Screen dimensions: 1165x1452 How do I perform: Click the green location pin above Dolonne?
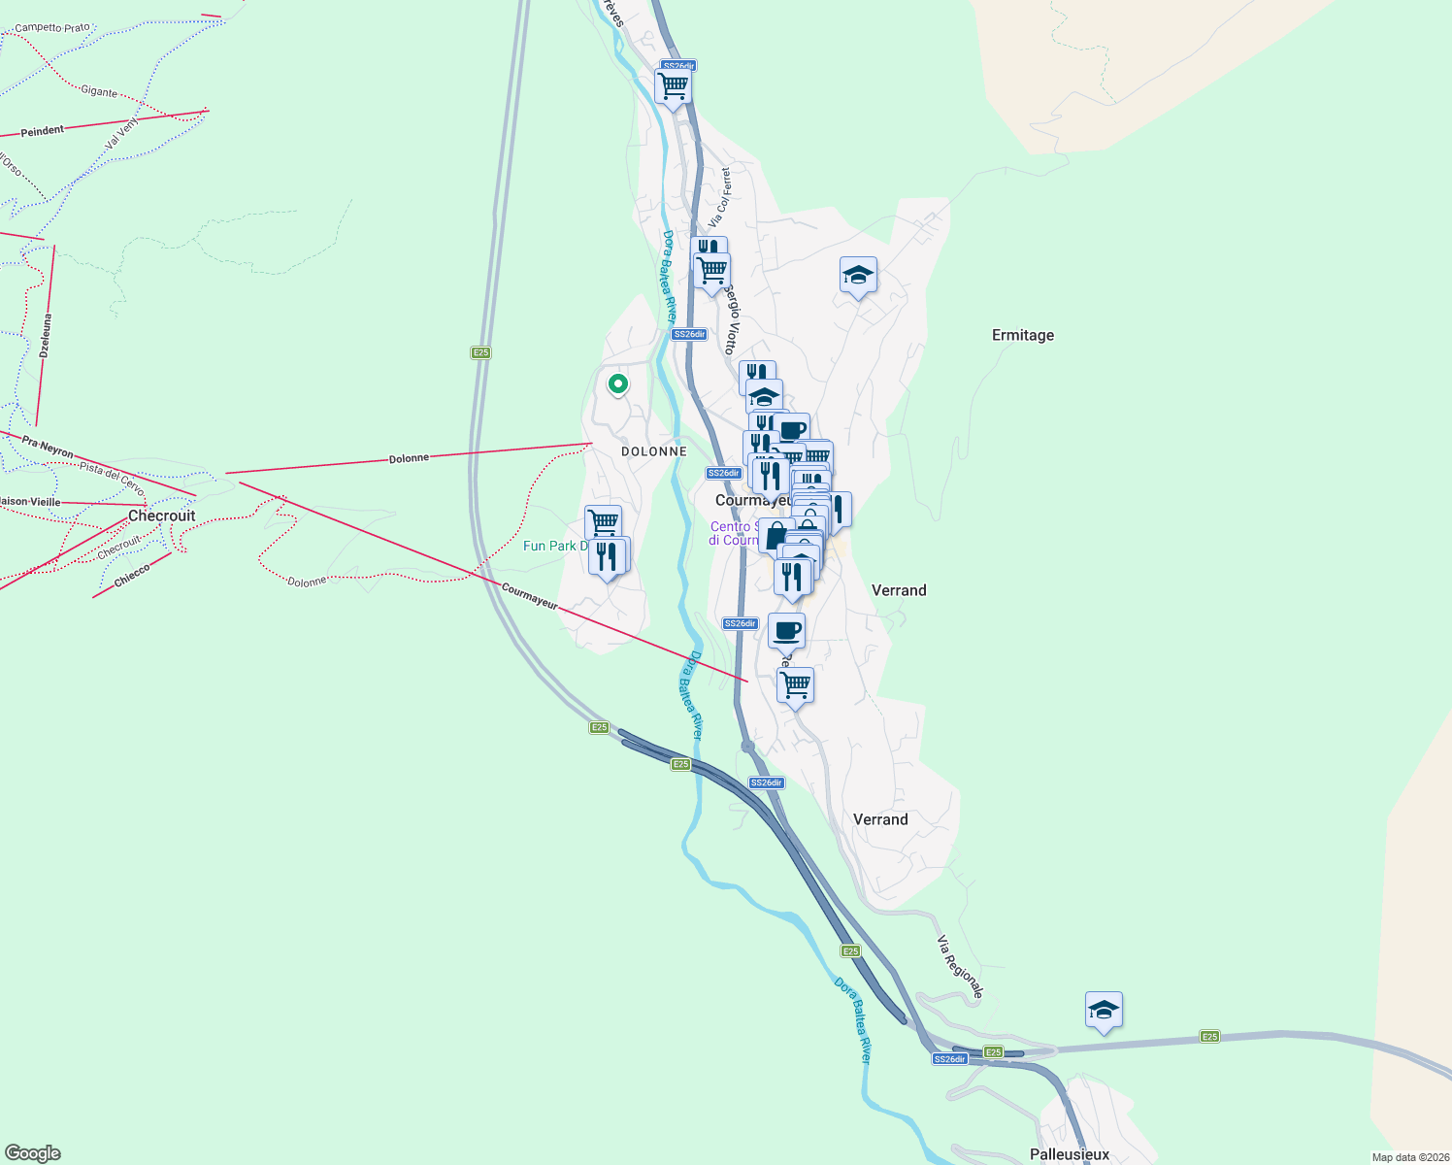[x=617, y=384]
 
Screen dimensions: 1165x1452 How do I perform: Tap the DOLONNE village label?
[x=654, y=451]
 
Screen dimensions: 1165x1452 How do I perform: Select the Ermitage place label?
[x=1022, y=335]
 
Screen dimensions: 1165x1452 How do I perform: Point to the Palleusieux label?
[x=1069, y=1154]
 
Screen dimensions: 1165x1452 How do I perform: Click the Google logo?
[x=33, y=1153]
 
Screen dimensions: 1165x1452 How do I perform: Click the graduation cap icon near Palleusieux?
[x=1104, y=1011]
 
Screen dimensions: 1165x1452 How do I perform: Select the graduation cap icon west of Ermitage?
[x=858, y=276]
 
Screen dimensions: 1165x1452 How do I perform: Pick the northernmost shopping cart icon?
[x=673, y=84]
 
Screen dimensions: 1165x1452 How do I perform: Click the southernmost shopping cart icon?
[x=795, y=685]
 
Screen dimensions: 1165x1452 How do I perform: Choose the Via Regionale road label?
[x=960, y=966]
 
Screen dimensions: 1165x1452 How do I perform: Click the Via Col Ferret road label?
[x=719, y=197]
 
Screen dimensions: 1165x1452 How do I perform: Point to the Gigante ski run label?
[x=99, y=91]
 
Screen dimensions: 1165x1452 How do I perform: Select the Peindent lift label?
[x=43, y=131]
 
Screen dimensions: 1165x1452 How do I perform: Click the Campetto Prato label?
[x=52, y=28]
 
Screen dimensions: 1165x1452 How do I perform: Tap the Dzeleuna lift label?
[x=46, y=335]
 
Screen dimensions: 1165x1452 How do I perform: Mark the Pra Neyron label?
[x=48, y=448]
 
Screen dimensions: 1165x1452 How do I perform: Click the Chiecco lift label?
[x=132, y=576]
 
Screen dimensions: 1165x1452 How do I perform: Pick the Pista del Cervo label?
[x=112, y=478]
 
